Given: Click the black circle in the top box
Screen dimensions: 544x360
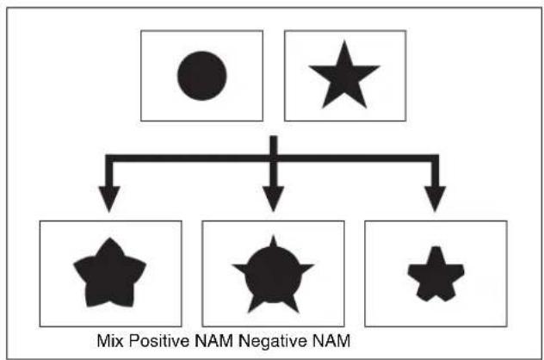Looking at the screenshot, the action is tap(202, 76).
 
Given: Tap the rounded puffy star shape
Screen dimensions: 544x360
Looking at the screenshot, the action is tap(109, 274).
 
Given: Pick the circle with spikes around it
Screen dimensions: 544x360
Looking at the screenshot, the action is tap(274, 275).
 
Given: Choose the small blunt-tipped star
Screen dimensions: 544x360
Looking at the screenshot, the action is tap(436, 275).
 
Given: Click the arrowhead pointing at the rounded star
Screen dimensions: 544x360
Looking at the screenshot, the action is tap(109, 199).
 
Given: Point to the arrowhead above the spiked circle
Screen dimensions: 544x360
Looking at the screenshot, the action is tap(274, 199).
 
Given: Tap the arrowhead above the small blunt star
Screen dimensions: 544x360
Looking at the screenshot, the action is tap(435, 199).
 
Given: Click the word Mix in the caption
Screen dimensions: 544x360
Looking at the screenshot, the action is tap(110, 341).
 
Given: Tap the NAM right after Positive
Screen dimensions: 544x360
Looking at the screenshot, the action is tap(213, 341).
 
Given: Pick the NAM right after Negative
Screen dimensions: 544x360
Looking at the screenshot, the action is tap(331, 341).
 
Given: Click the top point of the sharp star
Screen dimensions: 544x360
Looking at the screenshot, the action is tap(344, 41).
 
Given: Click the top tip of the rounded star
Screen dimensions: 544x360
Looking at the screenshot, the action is tap(110, 239).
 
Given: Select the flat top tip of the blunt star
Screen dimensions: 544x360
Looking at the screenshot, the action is tap(436, 247).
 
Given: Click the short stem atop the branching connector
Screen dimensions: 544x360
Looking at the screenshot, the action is tap(274, 145).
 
